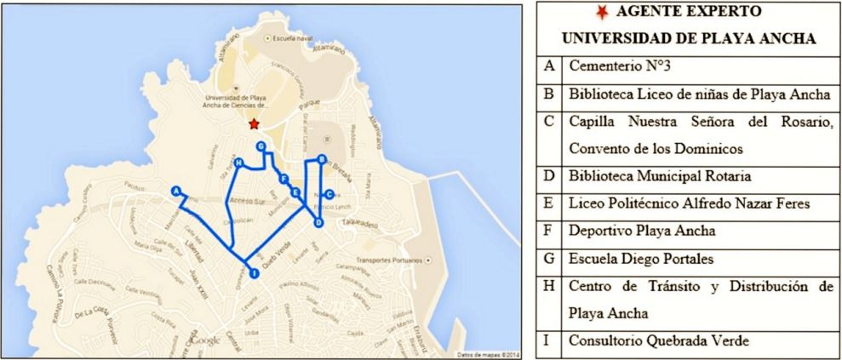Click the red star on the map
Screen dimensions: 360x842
coord(253,124)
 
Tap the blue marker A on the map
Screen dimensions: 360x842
coord(176,191)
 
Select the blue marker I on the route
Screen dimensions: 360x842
coord(253,272)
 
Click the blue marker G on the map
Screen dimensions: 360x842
coord(261,147)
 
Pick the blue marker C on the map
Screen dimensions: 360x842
coord(329,194)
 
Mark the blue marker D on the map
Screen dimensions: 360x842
coord(318,223)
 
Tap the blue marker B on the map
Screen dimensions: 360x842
coord(321,159)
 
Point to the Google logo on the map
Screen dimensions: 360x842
coord(204,340)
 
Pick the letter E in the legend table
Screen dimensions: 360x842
coord(550,204)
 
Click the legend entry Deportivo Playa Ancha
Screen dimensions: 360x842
coord(629,231)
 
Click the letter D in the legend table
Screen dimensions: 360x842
coord(550,176)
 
